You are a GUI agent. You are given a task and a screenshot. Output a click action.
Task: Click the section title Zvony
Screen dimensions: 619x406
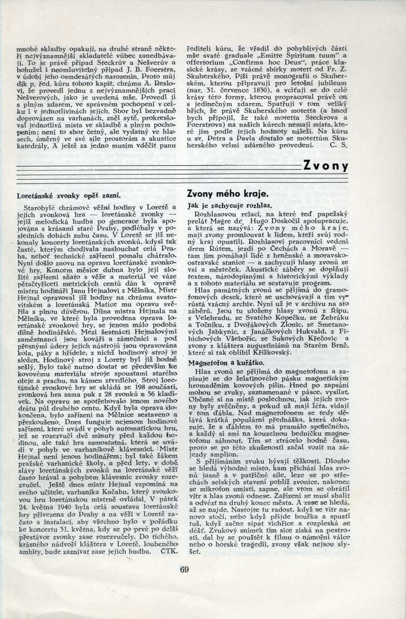(326, 166)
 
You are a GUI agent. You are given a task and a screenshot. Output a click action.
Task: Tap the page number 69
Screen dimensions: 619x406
(184, 569)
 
